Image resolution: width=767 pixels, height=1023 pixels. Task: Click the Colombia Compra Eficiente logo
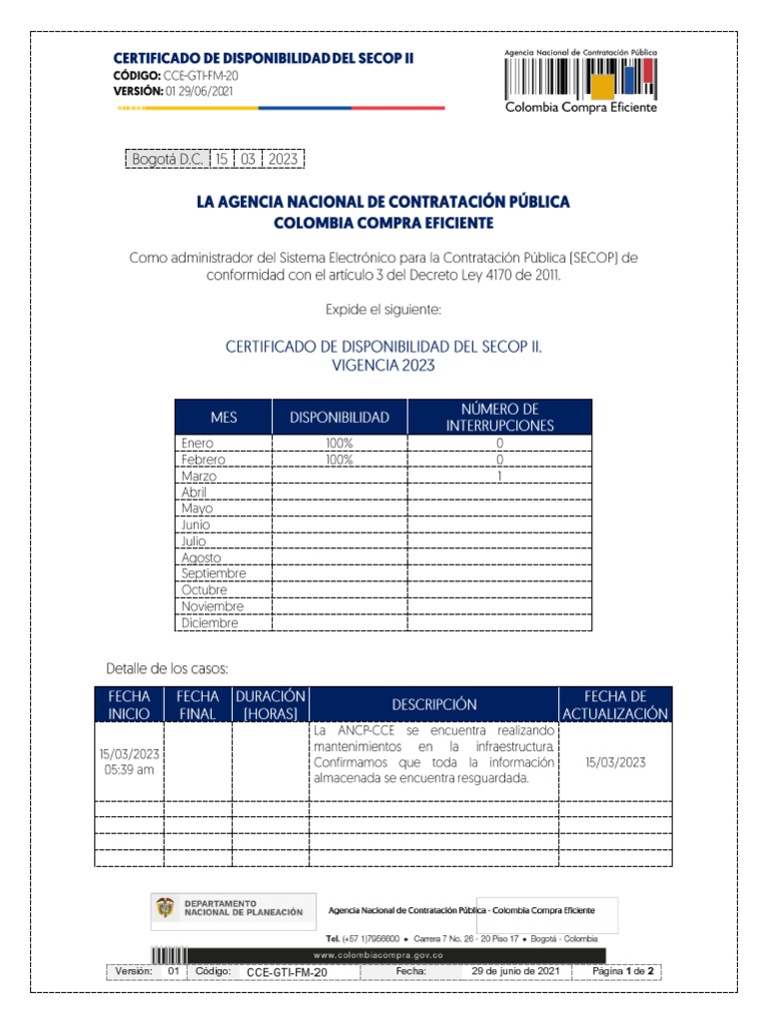point(580,82)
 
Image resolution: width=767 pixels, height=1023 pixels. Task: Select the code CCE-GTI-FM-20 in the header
point(200,76)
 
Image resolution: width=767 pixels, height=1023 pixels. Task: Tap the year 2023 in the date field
point(283,159)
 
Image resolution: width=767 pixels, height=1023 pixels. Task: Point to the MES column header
point(224,417)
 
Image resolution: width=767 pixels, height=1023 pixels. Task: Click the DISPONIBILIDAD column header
point(340,417)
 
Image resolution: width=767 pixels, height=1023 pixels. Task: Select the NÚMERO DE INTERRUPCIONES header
point(499,417)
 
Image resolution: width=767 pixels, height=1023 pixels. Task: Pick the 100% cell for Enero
point(340,443)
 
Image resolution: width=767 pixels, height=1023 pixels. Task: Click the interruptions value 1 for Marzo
point(499,476)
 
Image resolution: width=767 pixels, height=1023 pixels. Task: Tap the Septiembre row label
point(214,573)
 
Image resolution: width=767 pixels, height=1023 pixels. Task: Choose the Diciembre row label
point(210,622)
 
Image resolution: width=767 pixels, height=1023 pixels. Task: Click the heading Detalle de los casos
point(168,667)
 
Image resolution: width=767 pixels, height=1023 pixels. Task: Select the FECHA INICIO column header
point(129,704)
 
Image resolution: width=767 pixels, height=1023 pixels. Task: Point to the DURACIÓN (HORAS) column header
point(270,704)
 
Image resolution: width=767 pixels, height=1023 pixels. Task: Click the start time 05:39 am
point(129,770)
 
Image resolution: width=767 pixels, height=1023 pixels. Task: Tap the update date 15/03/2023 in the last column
point(615,762)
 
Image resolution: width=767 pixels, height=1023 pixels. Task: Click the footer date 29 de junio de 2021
point(514,971)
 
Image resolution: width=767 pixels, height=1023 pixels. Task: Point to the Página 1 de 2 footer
point(622,971)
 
